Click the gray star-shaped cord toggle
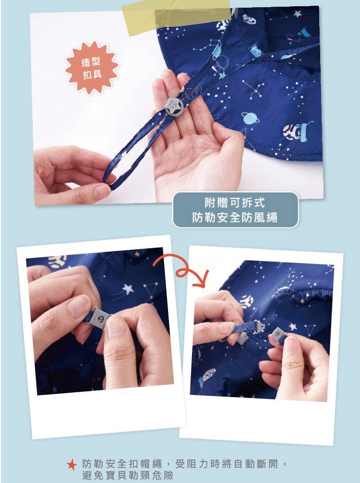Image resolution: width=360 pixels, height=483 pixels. click(174, 106)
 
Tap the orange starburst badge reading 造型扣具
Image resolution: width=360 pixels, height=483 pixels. click(92, 68)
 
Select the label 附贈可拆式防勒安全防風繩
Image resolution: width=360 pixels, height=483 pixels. click(235, 210)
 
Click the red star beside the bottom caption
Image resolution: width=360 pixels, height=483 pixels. click(72, 465)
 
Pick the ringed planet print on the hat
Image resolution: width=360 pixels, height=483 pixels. click(250, 118)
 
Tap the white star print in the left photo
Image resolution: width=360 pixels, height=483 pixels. click(128, 289)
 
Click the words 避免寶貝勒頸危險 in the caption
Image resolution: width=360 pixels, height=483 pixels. click(128, 475)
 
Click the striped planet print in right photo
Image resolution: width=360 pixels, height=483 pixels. click(246, 301)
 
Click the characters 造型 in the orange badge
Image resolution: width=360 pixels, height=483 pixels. click(91, 62)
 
